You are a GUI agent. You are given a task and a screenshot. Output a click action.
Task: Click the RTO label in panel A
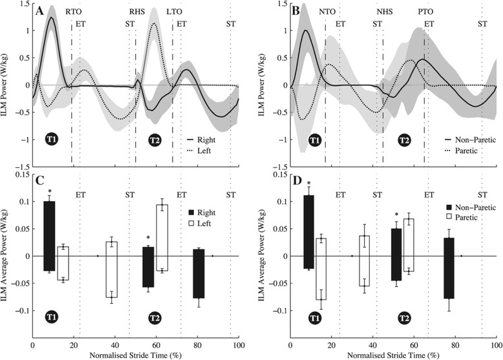(x=73, y=12)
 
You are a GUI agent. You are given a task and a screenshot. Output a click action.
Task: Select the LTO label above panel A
(x=173, y=12)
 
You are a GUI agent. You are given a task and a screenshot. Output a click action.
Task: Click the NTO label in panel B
(x=327, y=12)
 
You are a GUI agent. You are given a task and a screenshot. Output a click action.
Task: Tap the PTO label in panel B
(x=425, y=12)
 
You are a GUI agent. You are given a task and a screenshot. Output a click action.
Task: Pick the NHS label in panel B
(x=385, y=12)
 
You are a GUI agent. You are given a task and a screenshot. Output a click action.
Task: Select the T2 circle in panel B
(x=403, y=139)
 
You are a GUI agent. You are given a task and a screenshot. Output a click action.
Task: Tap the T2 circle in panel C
(x=155, y=317)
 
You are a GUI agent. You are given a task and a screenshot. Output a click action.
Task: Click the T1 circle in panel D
(x=314, y=317)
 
